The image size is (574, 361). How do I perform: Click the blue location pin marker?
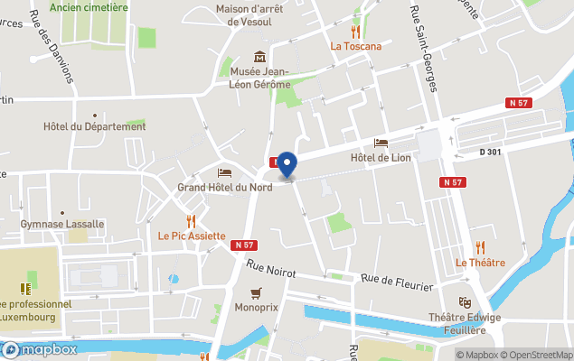[x=287, y=164]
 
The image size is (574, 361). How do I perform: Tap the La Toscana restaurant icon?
[x=355, y=32]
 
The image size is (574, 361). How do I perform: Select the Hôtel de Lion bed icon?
[x=381, y=143]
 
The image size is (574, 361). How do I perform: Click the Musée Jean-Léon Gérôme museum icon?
[x=260, y=57]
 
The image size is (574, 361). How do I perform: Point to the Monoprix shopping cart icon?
[x=257, y=292]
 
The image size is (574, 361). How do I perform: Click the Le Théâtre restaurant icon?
[x=480, y=247]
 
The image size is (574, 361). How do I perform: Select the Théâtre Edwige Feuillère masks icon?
[x=465, y=302]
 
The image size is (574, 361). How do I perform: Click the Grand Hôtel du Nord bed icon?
[x=224, y=172]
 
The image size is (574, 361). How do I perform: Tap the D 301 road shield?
[x=491, y=153]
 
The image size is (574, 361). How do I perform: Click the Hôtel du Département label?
[x=94, y=127]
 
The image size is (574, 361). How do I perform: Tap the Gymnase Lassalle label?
[x=62, y=224]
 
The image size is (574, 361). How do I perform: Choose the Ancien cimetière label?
[x=89, y=7]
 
